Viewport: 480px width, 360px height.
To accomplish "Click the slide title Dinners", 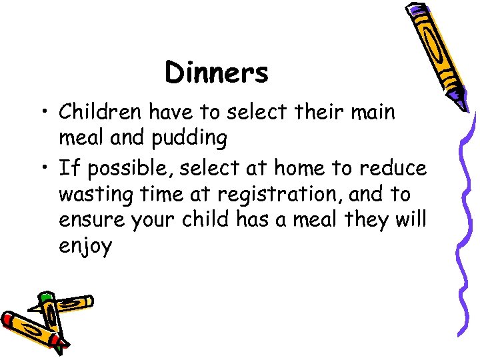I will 217,73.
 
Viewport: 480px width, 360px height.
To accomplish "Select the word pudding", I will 189,139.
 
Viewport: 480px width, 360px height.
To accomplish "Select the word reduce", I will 390,168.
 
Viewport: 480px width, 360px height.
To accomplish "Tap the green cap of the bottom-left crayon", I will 45,297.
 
